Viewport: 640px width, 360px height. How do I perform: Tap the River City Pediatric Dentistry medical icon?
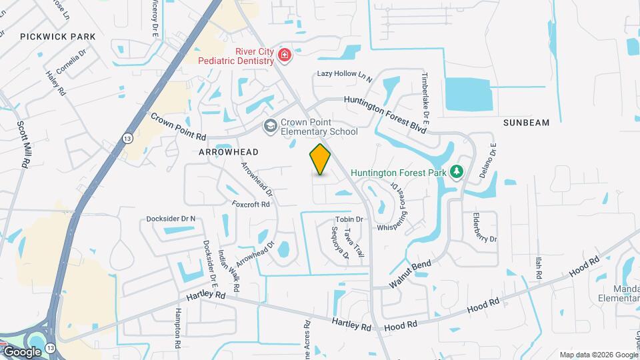(285, 55)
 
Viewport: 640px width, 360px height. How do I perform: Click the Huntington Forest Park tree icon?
(457, 173)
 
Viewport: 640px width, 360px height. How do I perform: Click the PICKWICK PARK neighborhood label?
(57, 37)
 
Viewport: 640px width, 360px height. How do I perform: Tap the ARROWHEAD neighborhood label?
(227, 152)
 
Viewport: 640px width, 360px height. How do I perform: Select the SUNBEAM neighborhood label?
(526, 123)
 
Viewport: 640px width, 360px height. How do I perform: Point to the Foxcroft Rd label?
(251, 204)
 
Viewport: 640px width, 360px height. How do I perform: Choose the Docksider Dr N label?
(171, 219)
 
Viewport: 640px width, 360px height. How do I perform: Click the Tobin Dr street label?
(349, 219)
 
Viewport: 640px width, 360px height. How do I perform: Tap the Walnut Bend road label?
(411, 274)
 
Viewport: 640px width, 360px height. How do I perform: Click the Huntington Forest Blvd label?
(385, 113)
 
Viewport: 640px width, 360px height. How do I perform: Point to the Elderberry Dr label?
(484, 228)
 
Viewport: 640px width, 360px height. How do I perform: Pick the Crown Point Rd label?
(178, 126)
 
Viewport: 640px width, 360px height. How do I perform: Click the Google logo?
(22, 351)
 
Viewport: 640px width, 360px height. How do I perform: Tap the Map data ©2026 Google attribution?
(598, 355)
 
